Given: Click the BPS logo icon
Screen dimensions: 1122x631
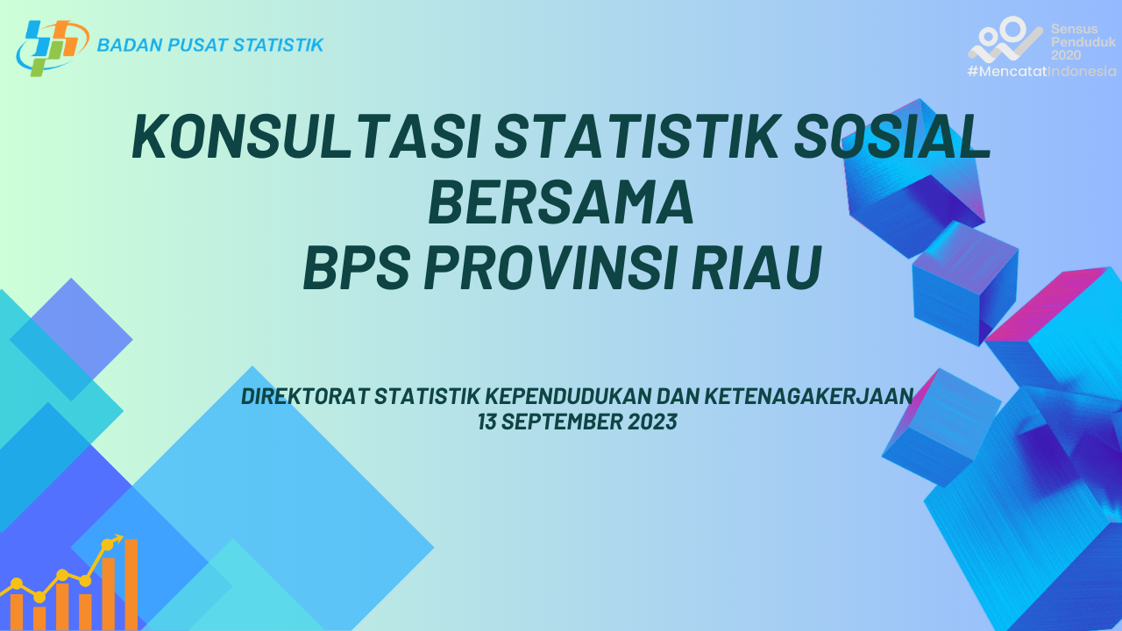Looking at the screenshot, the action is pyautogui.click(x=53, y=48).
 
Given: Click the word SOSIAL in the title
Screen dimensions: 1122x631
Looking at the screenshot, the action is pyautogui.click(x=892, y=137).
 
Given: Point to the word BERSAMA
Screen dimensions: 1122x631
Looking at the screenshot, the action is pyautogui.click(x=561, y=202).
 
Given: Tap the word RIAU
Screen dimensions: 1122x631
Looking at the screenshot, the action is pyautogui.click(x=756, y=267).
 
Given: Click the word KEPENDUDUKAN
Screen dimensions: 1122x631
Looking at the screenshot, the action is pyautogui.click(x=567, y=396).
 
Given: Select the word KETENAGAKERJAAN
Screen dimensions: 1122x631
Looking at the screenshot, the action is pyautogui.click(x=809, y=396).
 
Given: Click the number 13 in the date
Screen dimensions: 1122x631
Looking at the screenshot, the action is pyautogui.click(x=486, y=422).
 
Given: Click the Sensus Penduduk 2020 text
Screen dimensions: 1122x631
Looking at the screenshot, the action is pyautogui.click(x=1083, y=42).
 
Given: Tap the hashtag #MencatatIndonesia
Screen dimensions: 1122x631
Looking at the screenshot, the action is pyautogui.click(x=1042, y=71).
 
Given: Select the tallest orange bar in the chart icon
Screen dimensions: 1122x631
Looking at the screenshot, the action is pyautogui.click(x=131, y=585).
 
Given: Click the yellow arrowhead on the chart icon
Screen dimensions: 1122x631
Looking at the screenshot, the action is pyautogui.click(x=118, y=539).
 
